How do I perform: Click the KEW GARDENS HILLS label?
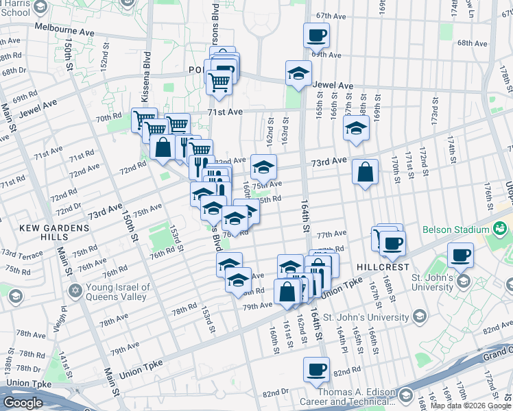coord(34,232)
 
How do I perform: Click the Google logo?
coord(23,403)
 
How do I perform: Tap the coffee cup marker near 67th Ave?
coord(316,35)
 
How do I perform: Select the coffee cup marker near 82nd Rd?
coord(316,370)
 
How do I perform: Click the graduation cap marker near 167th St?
coord(356,128)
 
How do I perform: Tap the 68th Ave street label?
coord(472,43)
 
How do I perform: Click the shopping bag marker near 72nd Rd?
coord(163,147)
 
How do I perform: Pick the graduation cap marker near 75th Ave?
coord(263,166)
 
